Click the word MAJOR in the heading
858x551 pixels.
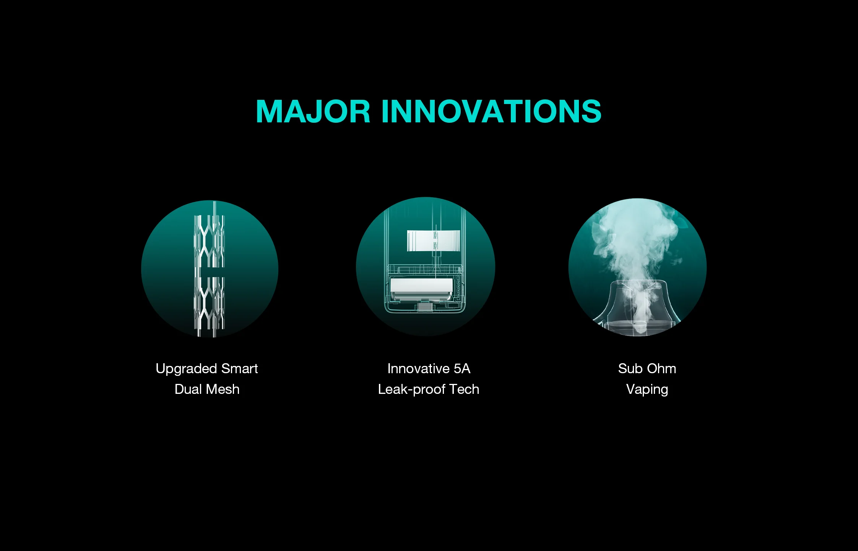313,111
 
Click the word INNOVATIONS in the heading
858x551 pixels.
492,111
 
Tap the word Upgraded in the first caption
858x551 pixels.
186,369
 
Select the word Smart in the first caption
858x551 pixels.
240,369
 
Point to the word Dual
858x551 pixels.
188,389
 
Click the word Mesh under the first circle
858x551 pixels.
223,389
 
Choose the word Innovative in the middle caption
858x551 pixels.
418,369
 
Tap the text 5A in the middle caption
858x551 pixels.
462,369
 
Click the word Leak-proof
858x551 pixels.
412,390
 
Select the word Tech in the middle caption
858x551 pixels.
465,389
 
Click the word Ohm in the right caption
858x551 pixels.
661,369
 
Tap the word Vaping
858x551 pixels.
647,390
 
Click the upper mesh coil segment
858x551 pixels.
210,241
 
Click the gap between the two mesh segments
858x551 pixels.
210,272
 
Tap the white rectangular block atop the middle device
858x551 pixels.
434,241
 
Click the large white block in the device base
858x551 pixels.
421,289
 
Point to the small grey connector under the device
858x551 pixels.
424,307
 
